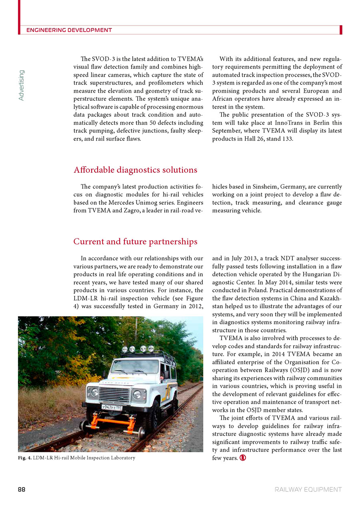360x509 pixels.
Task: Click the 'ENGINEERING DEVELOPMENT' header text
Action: click(69, 30)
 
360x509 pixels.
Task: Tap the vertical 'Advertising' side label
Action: click(22, 85)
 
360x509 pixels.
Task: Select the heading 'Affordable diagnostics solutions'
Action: click(135, 170)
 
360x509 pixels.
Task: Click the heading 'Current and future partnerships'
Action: click(135, 242)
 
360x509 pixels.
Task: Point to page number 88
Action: click(22, 489)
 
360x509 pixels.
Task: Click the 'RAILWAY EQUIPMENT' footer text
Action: click(308, 489)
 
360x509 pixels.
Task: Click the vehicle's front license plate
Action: click(112, 407)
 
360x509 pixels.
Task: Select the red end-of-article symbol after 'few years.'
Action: click(243, 458)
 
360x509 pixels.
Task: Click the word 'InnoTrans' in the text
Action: click(278, 123)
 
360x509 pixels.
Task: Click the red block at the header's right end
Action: click(340, 30)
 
